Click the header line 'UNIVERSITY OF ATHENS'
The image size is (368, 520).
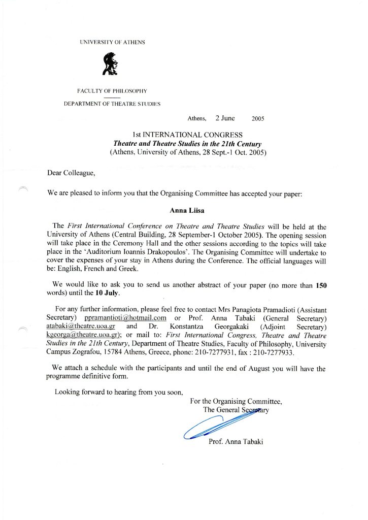pos(112,42)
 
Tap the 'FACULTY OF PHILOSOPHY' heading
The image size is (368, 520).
pos(112,91)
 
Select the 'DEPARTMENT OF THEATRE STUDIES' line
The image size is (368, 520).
pos(112,104)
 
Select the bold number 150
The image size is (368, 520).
pos(321,285)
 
